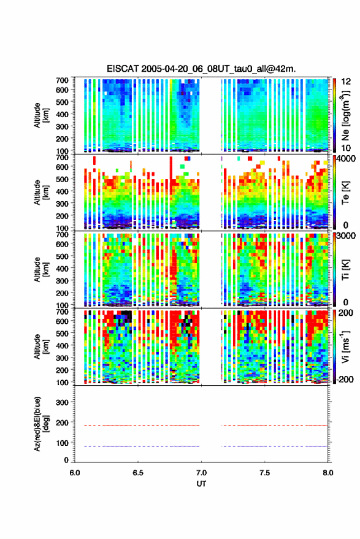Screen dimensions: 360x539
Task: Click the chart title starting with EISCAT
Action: pos(201,69)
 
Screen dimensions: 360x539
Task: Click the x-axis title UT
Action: pos(201,484)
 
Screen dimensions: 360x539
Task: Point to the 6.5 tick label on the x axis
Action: pos(138,473)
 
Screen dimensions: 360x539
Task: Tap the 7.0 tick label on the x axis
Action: pos(201,473)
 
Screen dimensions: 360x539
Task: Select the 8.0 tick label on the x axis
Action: pos(327,473)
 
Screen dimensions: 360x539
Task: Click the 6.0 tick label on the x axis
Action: pos(75,473)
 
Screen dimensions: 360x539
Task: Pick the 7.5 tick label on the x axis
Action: pos(264,473)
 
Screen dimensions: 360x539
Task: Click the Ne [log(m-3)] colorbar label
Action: pos(345,115)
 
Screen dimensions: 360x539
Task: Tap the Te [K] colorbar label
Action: pos(345,193)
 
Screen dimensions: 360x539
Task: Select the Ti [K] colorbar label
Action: pos(345,270)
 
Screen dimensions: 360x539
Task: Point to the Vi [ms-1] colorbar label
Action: pos(345,346)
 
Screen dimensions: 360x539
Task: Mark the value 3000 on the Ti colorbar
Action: pos(347,236)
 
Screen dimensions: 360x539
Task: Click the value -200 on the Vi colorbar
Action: pos(346,380)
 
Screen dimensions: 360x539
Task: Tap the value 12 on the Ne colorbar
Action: pos(346,82)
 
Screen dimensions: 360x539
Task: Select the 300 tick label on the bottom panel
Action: pos(63,402)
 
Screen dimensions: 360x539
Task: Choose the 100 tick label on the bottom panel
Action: pos(63,443)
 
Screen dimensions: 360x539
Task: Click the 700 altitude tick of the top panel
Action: pos(62,80)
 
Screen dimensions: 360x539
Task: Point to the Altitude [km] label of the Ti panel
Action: pos(40,270)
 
